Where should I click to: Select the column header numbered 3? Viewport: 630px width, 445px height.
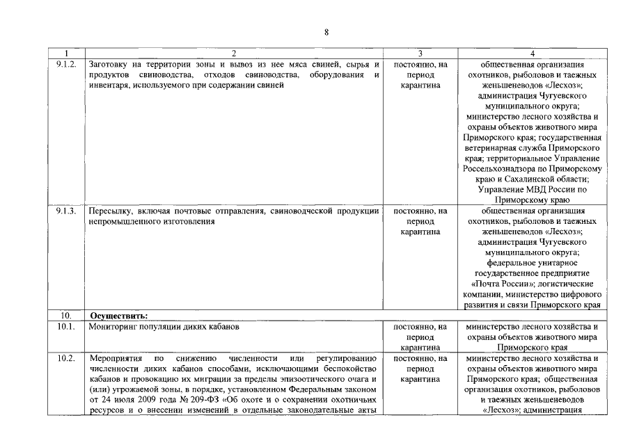tap(420, 53)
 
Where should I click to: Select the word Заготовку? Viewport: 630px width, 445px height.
tap(111, 64)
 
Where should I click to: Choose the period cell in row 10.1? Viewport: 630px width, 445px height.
tap(420, 337)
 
